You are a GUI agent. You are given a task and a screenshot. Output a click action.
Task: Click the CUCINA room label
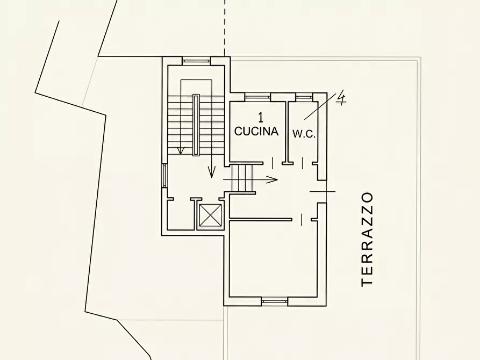point(256,131)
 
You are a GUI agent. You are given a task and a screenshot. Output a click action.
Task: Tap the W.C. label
point(304,134)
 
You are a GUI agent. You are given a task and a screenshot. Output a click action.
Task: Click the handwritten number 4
point(341,98)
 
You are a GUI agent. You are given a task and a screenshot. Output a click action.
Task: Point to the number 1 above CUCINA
point(261,117)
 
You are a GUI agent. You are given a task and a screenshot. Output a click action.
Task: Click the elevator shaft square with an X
point(210,215)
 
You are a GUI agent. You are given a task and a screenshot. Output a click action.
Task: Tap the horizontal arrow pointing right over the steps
point(250,179)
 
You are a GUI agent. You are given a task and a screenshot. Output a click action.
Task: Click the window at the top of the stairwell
point(196,61)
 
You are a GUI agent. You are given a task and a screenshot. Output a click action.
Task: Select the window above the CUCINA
point(258,97)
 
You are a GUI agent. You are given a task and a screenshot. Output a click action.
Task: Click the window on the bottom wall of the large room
point(275,301)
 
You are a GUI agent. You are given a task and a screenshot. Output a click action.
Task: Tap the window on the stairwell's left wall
point(165,175)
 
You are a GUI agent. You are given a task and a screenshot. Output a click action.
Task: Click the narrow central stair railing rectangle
point(196,125)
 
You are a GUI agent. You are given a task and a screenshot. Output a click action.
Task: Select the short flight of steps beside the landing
point(242,178)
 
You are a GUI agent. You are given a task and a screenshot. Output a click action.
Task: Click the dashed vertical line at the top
point(225,27)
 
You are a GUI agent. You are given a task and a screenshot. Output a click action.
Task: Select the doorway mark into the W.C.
point(303,163)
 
